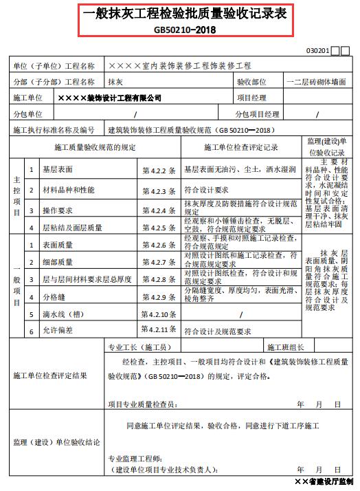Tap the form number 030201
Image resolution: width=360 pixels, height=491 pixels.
(x=319, y=51)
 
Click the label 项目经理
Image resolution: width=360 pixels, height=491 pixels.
(x=251, y=98)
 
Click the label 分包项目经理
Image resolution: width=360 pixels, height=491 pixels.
(x=257, y=114)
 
